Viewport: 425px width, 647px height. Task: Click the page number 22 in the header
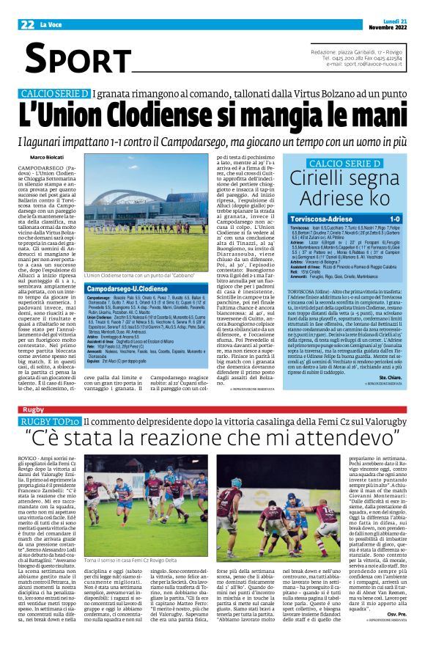click(28, 23)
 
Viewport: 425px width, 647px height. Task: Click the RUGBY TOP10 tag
click(51, 421)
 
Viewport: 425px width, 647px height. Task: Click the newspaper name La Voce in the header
click(52, 24)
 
